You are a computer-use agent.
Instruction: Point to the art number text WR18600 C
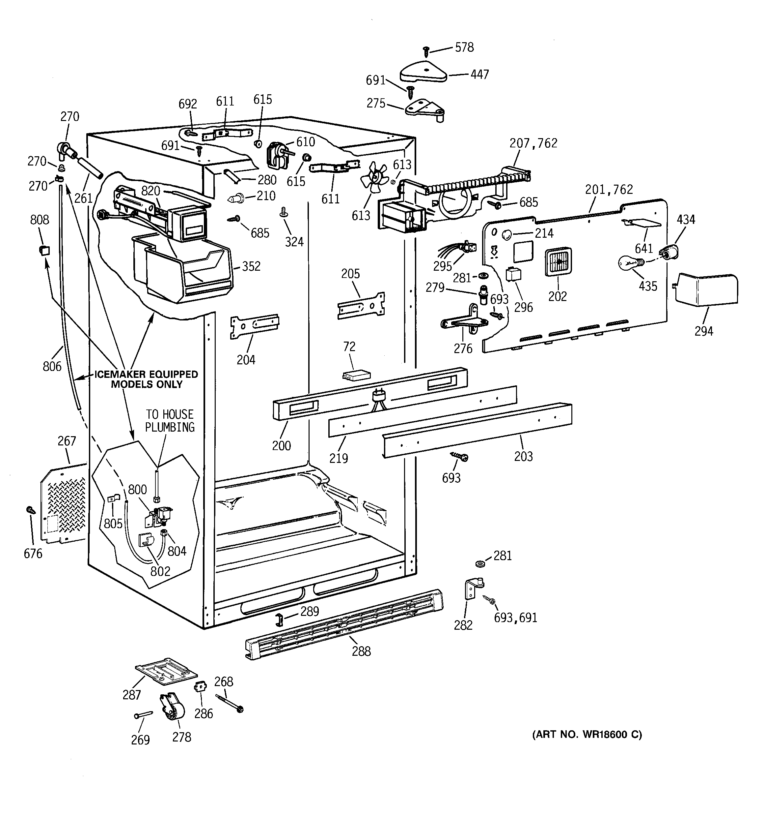pos(587,735)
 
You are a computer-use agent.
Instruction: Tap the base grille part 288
pos(344,625)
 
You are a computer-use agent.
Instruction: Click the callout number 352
pos(251,266)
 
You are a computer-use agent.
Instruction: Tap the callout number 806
pos(52,366)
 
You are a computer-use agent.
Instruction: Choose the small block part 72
pos(356,376)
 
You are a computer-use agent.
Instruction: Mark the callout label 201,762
pos(609,189)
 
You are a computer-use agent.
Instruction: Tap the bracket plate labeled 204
pos(254,326)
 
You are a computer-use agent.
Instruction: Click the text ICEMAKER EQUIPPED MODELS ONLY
pos(147,379)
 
